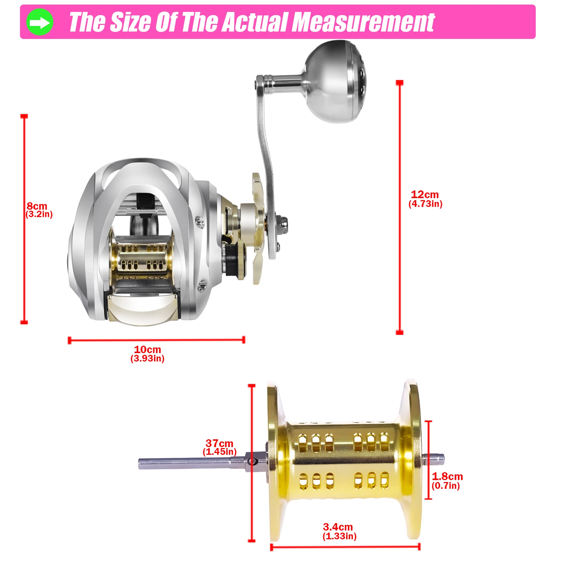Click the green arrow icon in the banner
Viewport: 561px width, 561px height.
(40, 22)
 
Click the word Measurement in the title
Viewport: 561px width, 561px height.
(363, 22)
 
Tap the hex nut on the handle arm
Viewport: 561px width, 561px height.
(283, 222)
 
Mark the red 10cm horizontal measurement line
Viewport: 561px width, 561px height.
(156, 340)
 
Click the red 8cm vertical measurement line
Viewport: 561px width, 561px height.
(24, 219)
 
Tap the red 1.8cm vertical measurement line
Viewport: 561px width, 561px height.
(428, 460)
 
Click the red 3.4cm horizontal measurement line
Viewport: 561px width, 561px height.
(345, 547)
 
